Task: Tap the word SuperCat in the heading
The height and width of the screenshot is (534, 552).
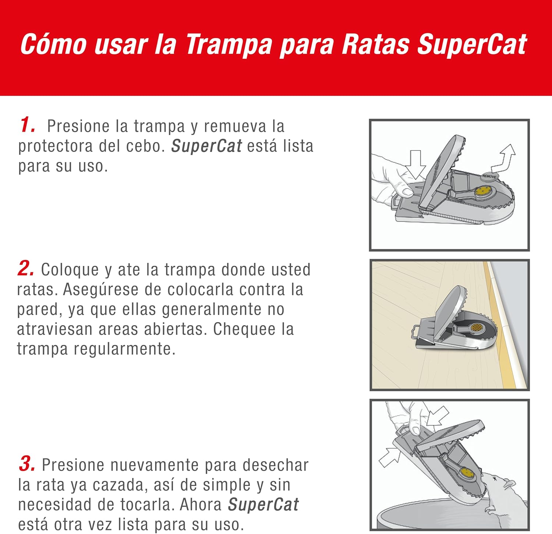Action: (x=472, y=44)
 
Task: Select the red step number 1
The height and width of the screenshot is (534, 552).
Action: (x=27, y=125)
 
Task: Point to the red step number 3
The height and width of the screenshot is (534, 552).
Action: (x=27, y=464)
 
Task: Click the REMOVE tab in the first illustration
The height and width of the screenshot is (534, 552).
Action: (x=489, y=176)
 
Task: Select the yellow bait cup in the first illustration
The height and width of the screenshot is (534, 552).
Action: (x=482, y=191)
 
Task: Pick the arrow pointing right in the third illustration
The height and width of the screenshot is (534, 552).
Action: (x=389, y=457)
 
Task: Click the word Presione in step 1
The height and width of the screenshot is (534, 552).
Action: (x=78, y=126)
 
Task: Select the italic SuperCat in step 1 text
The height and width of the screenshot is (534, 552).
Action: (x=206, y=146)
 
